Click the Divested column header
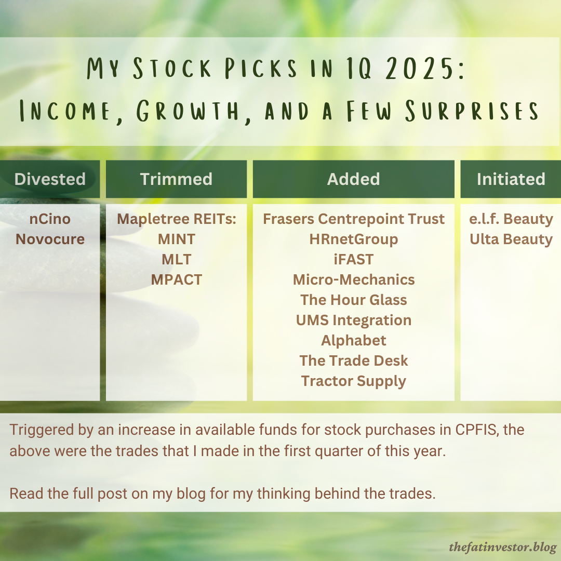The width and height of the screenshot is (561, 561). point(50,179)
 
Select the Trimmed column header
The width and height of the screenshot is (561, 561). point(176,179)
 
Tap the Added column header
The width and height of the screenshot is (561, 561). point(353,179)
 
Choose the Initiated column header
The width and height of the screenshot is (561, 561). point(511,179)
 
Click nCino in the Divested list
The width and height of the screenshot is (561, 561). point(50,219)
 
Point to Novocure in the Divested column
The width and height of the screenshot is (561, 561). point(50,239)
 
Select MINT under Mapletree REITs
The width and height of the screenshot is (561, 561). point(177,239)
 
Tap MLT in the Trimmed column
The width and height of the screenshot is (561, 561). point(177,260)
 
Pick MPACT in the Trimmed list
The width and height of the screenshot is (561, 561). point(177,280)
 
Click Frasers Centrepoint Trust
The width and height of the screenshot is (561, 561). point(354,219)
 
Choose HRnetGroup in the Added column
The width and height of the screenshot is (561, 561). point(354,239)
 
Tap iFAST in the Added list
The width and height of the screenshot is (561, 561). point(354,260)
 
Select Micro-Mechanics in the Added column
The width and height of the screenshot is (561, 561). point(354,280)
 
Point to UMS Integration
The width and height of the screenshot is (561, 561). point(354,320)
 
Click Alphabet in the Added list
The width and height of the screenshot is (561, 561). point(354,341)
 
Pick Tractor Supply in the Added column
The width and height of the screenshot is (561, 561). point(354,381)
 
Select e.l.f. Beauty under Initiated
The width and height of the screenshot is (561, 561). point(511,219)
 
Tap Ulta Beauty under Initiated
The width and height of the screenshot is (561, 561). point(511,239)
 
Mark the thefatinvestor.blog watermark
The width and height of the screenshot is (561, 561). point(503,547)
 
